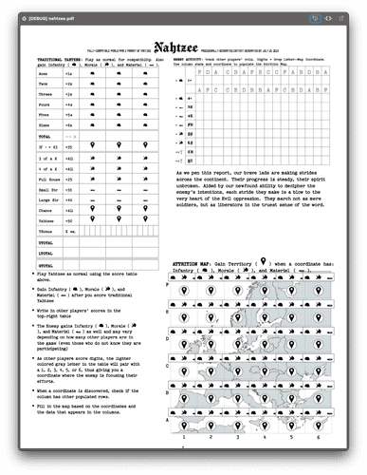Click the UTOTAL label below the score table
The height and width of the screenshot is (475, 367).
[x=44, y=243]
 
